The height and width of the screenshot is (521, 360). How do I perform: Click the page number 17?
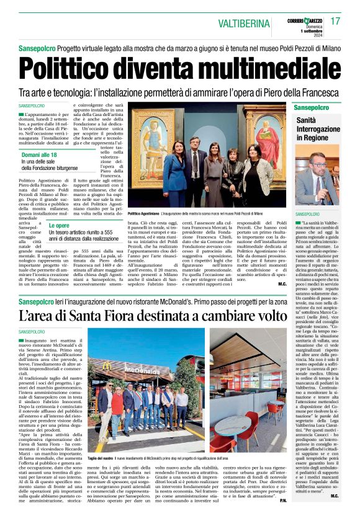(335, 21)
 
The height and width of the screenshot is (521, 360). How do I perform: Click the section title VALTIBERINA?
(248, 22)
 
